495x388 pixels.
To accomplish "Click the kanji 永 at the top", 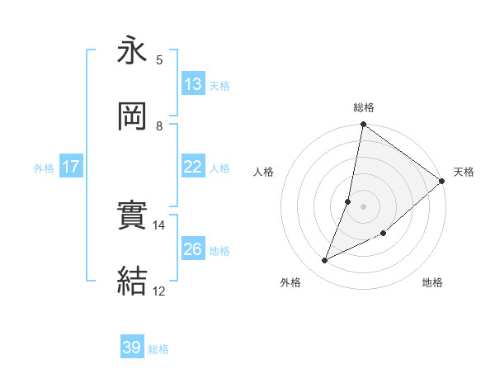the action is click(132, 51).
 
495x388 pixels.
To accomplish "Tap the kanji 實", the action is click(132, 216).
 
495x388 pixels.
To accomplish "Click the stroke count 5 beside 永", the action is click(159, 59).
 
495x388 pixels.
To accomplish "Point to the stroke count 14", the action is click(159, 225).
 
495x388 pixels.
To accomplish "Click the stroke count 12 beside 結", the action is click(159, 291).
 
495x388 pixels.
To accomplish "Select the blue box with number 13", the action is click(193, 84).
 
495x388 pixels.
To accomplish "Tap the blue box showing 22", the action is click(193, 167).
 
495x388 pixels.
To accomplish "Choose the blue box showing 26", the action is click(193, 249).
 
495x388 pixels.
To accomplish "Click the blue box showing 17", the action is click(71, 167).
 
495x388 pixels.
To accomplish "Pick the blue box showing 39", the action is click(132, 348).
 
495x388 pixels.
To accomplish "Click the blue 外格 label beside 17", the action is click(44, 168).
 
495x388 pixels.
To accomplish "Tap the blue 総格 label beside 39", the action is click(158, 348).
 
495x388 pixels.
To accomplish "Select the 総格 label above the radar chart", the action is click(364, 107).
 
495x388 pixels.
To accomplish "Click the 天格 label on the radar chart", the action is click(464, 172).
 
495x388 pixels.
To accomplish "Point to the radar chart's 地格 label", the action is click(432, 283).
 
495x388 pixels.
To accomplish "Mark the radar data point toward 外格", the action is click(325, 261).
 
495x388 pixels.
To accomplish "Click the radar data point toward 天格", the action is click(442, 182).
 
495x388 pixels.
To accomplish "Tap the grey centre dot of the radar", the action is click(363, 206).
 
